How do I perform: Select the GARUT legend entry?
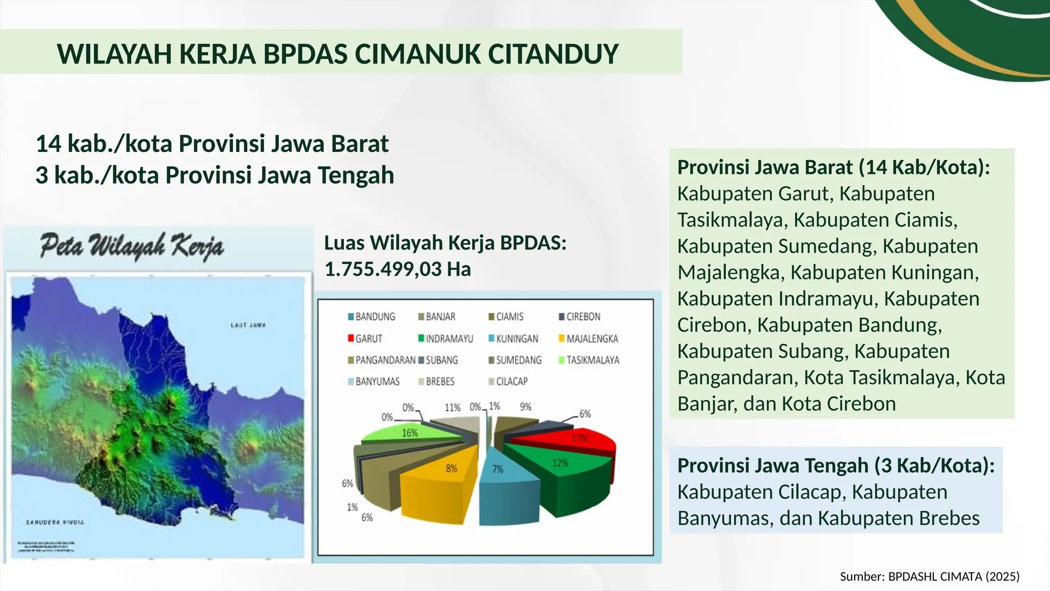[x=366, y=339]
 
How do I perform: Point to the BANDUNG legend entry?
[x=372, y=317]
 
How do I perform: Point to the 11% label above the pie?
[x=452, y=408]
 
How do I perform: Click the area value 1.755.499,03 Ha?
[x=397, y=269]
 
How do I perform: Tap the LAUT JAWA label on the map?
[x=248, y=325]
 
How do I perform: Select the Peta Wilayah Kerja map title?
[x=132, y=246]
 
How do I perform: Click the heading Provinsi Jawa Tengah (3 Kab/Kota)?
[x=836, y=465]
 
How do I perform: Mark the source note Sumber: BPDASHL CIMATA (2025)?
[x=930, y=577]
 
